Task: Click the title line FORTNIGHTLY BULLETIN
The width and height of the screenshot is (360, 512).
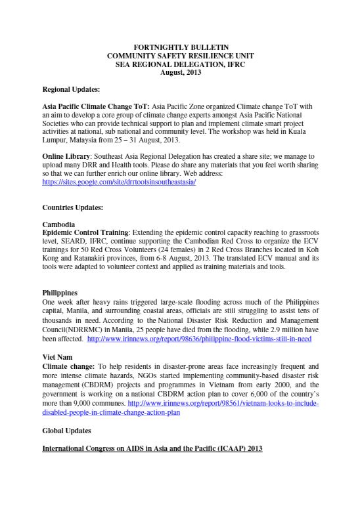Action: (181, 48)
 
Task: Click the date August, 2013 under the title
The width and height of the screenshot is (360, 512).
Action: (181, 73)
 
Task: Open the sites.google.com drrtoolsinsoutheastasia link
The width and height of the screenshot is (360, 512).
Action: (119, 182)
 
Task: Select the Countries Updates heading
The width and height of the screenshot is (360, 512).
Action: (72, 207)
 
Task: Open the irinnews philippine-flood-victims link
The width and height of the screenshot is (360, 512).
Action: (199, 339)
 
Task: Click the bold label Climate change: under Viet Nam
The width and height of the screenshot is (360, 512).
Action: (70, 365)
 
